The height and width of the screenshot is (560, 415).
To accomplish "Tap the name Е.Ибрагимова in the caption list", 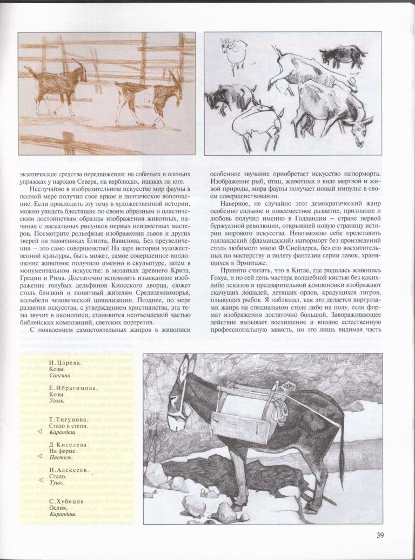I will [69, 388].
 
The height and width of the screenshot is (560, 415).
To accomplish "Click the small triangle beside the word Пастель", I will [40, 456].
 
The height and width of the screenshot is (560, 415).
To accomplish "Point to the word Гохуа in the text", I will [223, 293].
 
